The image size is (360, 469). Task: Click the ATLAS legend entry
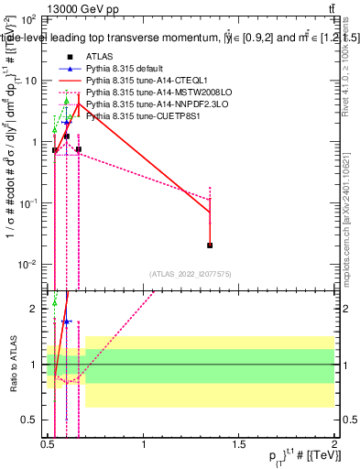tap(96, 58)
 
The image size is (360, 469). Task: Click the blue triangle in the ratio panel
tap(67, 322)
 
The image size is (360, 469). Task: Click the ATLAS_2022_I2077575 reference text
tap(191, 274)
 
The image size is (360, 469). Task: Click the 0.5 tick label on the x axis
tap(48, 451)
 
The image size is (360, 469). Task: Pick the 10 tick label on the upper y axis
tap(30, 81)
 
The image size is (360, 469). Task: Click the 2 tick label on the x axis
tap(334, 451)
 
